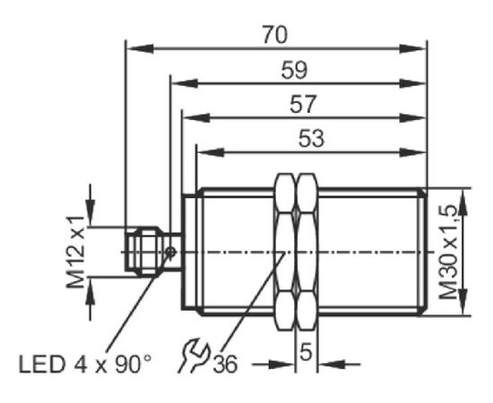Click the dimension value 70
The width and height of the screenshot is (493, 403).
tap(275, 35)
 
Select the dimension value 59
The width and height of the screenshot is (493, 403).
tap(294, 70)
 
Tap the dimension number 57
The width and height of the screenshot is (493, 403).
tap(302, 104)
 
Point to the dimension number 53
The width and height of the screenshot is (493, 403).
tap(311, 138)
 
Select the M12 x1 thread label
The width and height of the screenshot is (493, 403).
tap(75, 252)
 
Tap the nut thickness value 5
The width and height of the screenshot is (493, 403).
tap(306, 352)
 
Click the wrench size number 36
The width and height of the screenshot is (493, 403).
tap(225, 364)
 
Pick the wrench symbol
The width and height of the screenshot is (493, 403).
tap(194, 355)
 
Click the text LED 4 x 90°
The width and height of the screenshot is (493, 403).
tap(85, 364)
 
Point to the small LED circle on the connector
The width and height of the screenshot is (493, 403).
tap(170, 252)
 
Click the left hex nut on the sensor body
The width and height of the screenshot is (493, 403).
tap(285, 252)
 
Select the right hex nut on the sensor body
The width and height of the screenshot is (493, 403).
tap(307, 252)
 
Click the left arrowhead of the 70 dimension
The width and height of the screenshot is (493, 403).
tap(140, 49)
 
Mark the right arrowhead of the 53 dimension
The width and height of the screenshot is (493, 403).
tap(413, 152)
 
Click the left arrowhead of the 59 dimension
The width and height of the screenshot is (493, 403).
tap(185, 83)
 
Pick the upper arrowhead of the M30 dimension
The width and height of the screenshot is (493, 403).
tap(463, 202)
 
